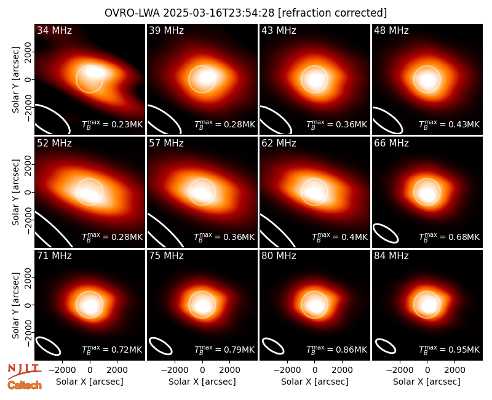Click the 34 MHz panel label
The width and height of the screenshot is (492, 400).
coord(54,30)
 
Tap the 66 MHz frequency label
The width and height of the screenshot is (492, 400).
coord(391,143)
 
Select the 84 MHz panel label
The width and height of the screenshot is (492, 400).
coord(391,256)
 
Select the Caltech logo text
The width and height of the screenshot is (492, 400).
coord(25,385)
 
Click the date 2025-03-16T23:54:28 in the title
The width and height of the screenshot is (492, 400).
coord(218,13)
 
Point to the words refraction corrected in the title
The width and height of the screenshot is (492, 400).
coord(332,13)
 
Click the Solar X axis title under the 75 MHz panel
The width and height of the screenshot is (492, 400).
coord(202,382)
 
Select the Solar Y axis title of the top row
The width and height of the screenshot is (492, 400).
coord(15,80)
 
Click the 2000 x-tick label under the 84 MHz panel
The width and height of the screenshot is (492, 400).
coord(454,370)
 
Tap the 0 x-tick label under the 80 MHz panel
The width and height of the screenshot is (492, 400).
coord(315,370)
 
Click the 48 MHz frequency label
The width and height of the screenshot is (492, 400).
coord(391,30)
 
